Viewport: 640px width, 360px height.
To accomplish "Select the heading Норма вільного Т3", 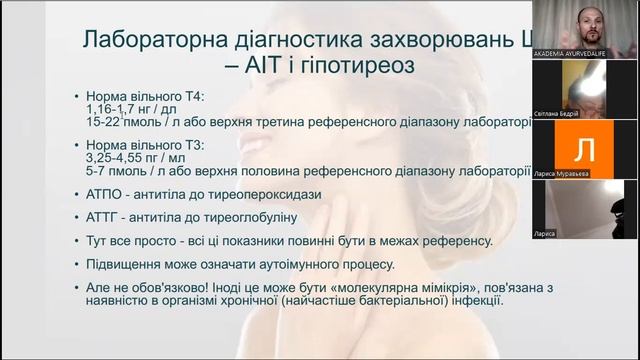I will (144, 144).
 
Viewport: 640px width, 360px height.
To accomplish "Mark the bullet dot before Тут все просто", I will (78, 241).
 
